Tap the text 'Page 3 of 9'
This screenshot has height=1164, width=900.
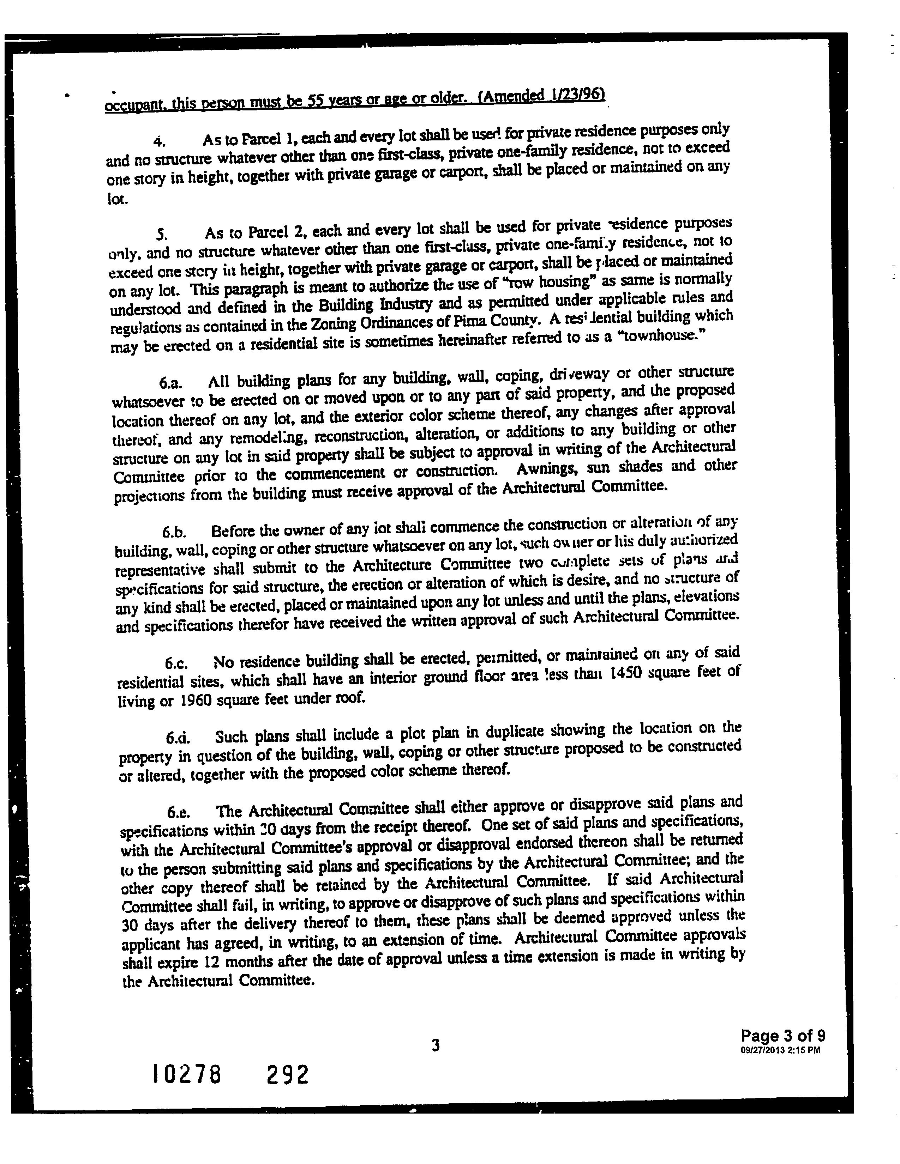tap(783, 1036)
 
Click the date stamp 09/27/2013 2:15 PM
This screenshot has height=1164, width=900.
tap(780, 1050)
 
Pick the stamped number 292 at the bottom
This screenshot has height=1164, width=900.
tap(287, 1074)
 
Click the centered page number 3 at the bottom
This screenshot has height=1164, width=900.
tap(436, 1046)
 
